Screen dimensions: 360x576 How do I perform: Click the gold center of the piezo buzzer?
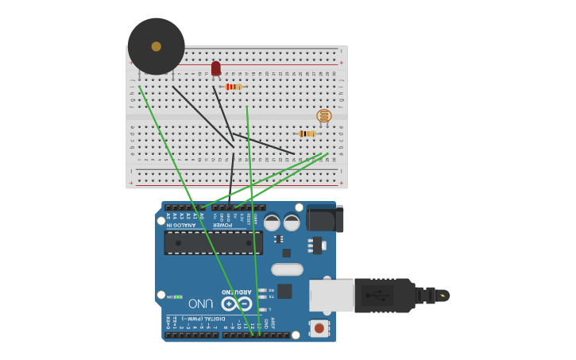point(157,46)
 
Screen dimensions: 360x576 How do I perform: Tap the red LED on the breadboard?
point(216,69)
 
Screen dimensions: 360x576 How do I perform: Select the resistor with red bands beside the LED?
point(233,87)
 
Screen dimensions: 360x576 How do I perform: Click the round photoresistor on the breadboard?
point(324,116)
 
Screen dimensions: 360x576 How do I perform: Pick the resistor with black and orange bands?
point(307,134)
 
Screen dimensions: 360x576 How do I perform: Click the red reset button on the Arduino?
point(319,327)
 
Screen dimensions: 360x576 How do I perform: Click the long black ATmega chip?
point(213,242)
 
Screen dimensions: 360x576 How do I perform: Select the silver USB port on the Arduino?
point(331,296)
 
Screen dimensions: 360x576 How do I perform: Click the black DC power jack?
point(325,219)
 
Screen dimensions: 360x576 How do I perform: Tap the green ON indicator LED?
point(179,296)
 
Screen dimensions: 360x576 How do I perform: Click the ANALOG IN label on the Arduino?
point(181,225)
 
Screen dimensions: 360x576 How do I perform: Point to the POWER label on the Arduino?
point(222,225)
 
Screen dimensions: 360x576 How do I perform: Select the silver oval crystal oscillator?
point(288,269)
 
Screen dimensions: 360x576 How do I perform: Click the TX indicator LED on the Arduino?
point(262,297)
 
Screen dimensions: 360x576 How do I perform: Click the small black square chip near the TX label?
point(284,291)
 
